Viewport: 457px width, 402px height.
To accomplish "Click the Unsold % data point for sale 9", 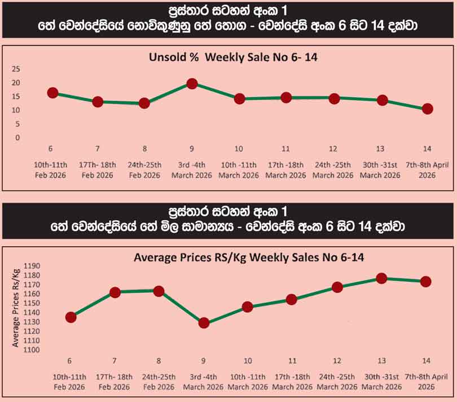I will tap(192, 84).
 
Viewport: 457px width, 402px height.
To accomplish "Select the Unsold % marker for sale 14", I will tap(427, 109).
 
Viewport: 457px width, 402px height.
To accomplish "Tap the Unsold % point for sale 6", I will tap(52, 93).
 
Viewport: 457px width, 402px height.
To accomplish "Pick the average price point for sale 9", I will tap(204, 323).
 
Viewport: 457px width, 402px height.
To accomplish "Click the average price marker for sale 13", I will tap(381, 278).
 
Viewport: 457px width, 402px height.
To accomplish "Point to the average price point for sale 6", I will tap(71, 317).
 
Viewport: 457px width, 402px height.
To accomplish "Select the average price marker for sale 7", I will tap(115, 292).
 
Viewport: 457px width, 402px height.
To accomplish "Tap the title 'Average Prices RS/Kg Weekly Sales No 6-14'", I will tap(249, 257).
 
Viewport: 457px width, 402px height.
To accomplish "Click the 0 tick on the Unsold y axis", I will tap(17, 137).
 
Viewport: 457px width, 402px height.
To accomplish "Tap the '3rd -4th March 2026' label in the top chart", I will tap(192, 170).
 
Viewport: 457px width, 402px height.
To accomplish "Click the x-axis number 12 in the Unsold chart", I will tap(334, 149).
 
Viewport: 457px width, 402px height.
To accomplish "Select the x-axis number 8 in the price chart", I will tap(159, 361).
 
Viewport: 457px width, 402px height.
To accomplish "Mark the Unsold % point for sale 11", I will tap(286, 98).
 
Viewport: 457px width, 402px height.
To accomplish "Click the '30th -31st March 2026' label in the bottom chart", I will tap(381, 381).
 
